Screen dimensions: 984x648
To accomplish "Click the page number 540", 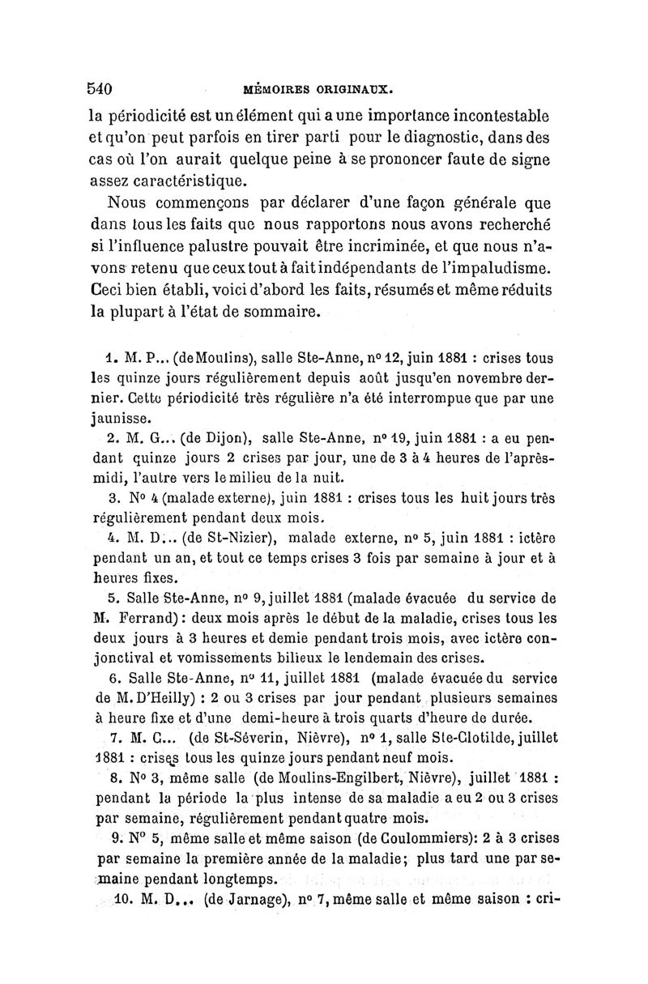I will tap(104, 87).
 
